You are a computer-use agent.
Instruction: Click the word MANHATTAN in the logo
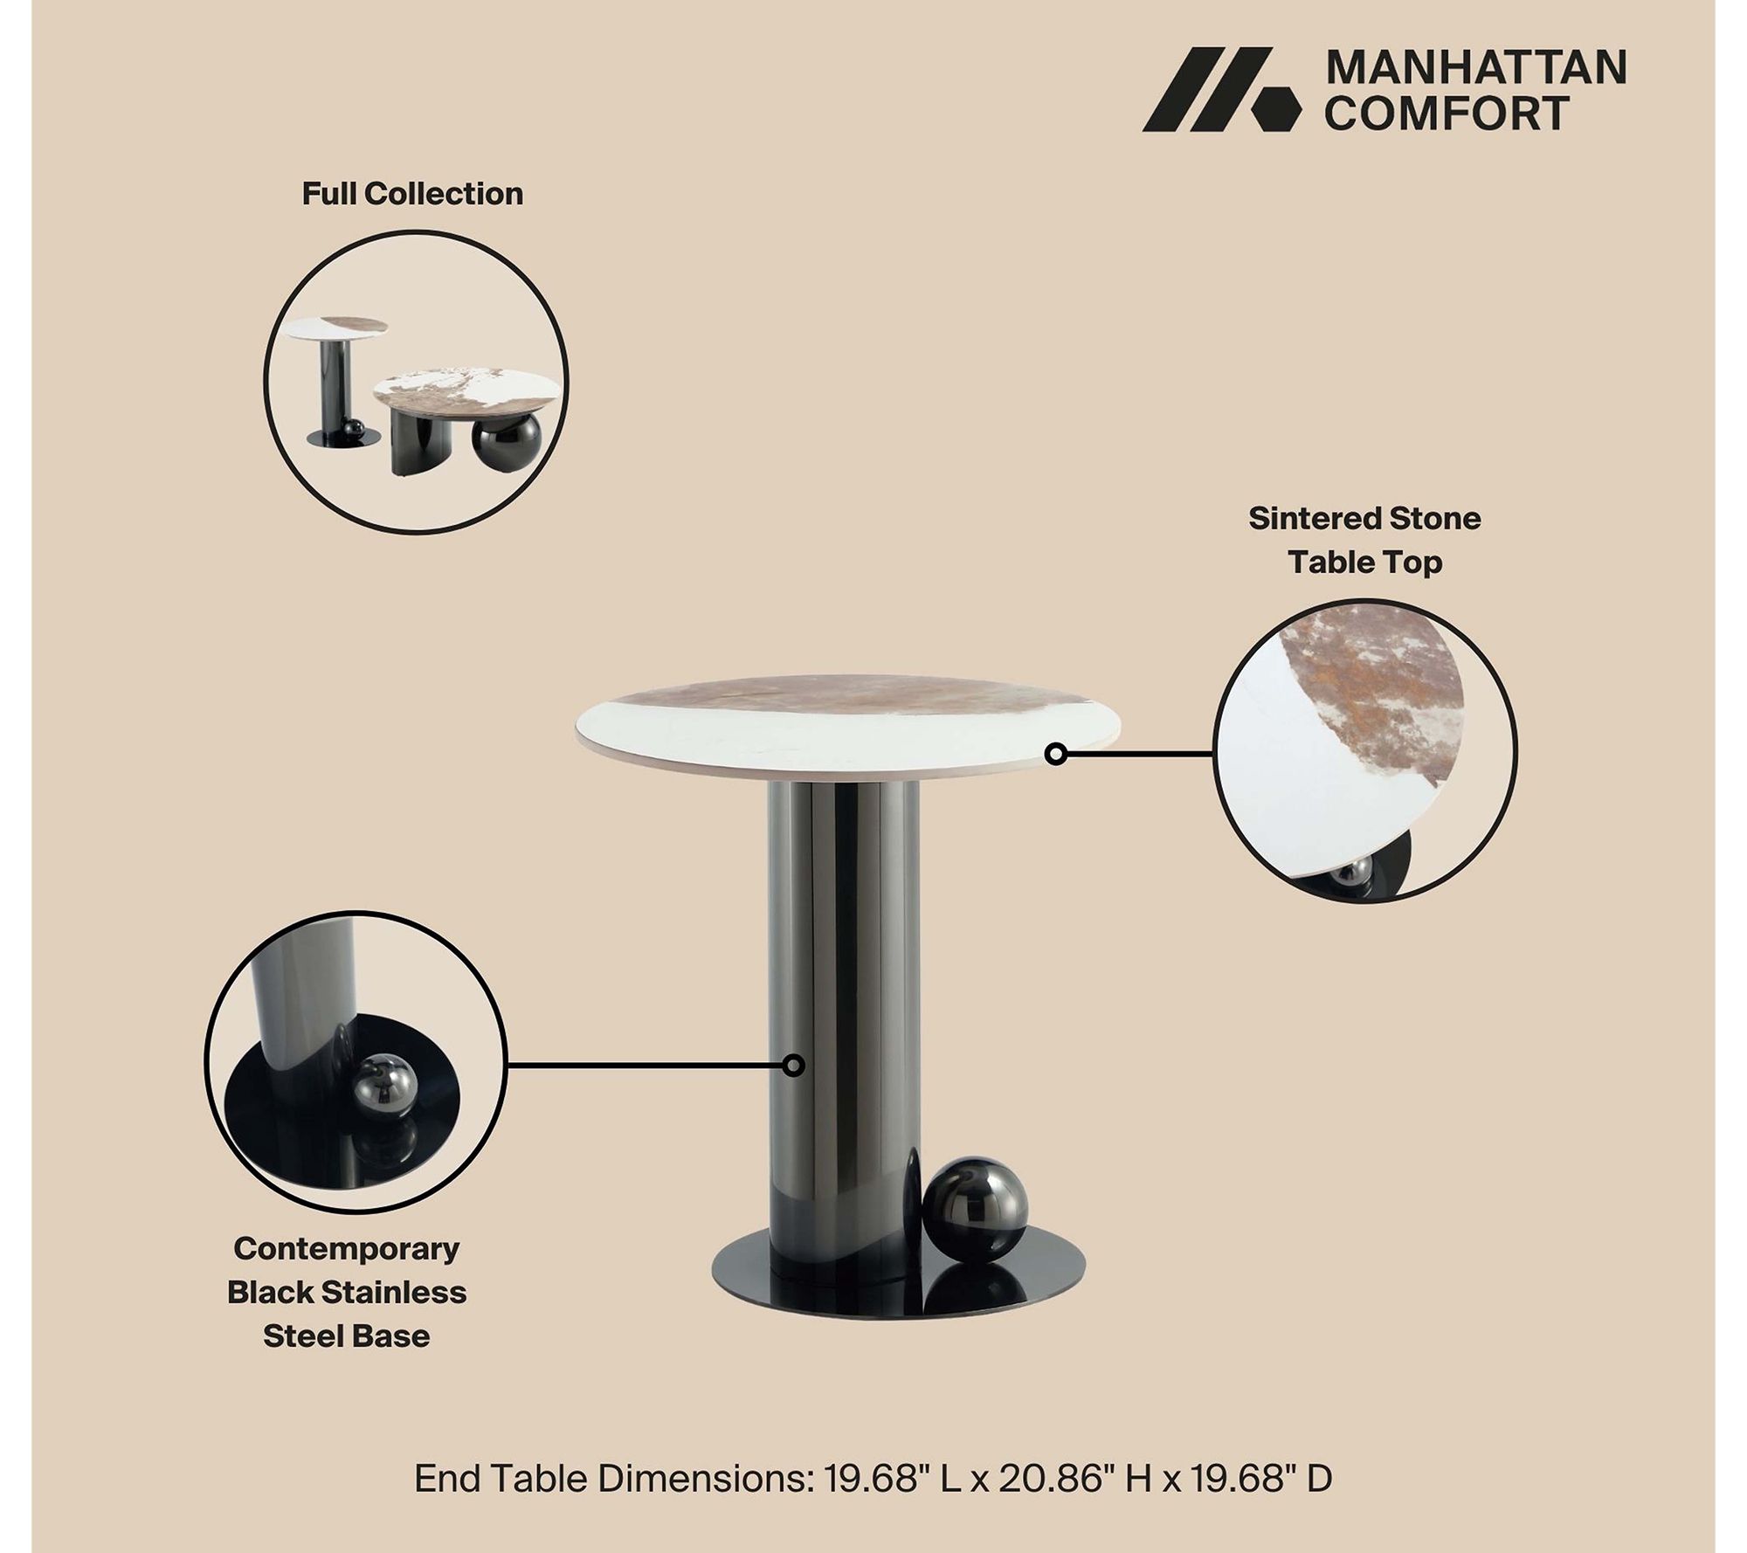coord(1475,68)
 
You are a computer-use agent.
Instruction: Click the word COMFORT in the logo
coord(1447,114)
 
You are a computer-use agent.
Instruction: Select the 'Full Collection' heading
coord(412,194)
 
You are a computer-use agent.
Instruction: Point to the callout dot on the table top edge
coord(1056,753)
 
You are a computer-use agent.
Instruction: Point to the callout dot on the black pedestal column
coord(793,1065)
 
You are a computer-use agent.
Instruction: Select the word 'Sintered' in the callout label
coord(1308,519)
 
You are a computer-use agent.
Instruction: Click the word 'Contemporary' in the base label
coord(347,1249)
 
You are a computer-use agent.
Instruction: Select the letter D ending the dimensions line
coord(1319,1479)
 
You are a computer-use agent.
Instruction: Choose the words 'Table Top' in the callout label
coord(1365,563)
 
